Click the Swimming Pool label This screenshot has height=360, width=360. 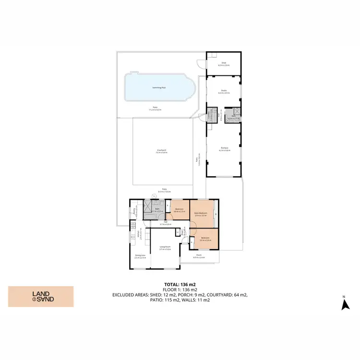[159, 88]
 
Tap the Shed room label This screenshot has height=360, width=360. [223, 63]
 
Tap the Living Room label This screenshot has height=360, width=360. [166, 248]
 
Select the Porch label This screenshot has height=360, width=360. [199, 256]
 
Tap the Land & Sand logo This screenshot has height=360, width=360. [41, 296]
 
